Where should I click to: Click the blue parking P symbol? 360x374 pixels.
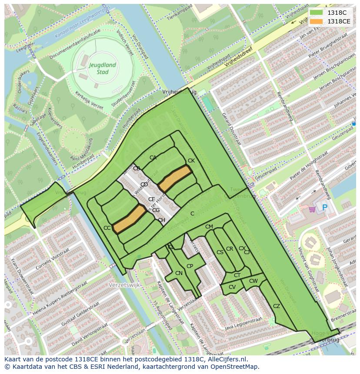click(324, 208)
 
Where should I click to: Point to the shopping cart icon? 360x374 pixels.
click(312, 209)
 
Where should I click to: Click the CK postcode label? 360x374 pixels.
click(191, 161)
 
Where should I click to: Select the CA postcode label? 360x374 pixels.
click(153, 158)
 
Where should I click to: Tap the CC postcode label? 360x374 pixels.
click(107, 228)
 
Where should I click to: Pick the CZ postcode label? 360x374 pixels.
click(277, 306)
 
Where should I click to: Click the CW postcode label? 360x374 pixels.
click(253, 281)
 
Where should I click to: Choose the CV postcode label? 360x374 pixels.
click(232, 287)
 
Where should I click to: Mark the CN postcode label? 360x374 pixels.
click(179, 273)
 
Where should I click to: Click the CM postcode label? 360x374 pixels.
click(209, 227)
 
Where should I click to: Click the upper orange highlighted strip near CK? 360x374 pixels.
click(175, 178)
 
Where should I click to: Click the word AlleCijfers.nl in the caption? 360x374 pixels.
click(226, 360)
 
